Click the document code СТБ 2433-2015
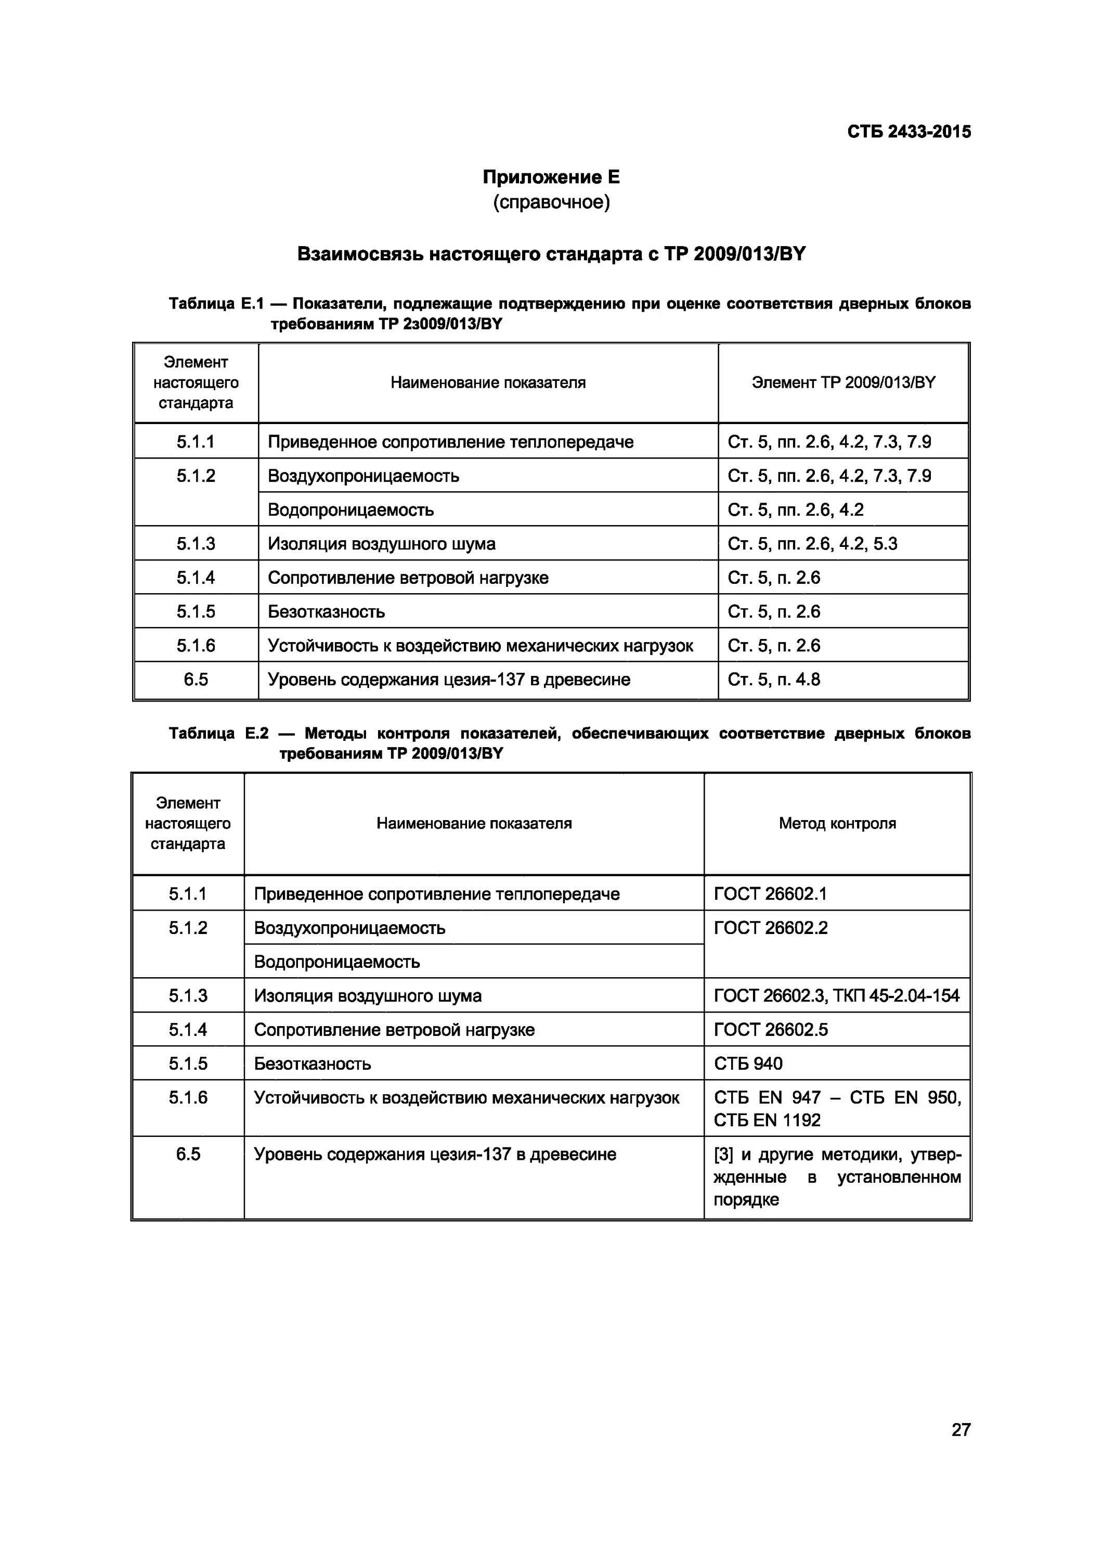pos(909,132)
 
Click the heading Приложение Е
pos(551,177)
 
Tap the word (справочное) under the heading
pos(551,202)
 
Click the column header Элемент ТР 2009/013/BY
pos(844,383)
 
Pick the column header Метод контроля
pos(837,823)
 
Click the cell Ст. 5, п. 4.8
pos(773,679)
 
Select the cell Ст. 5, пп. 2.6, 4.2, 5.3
pos(812,544)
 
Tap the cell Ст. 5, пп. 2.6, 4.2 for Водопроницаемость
pos(795,510)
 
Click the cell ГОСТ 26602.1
pos(770,893)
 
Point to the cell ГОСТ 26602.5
pos(771,1029)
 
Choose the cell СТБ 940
pos(748,1064)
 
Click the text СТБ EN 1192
pos(767,1120)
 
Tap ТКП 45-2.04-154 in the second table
pos(897,996)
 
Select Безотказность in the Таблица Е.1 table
pos(326,612)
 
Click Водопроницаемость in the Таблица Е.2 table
pos(337,962)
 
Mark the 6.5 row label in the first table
pos(196,679)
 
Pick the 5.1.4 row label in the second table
pos(188,1029)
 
